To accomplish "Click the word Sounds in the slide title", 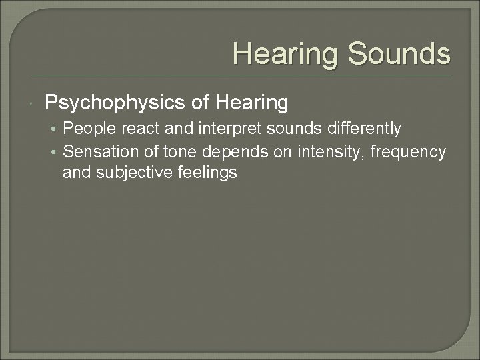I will tap(398, 53).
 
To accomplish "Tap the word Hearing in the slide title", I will tap(286, 53).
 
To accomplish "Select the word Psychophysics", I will tap(113, 103).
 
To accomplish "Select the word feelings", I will tap(206, 173).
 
